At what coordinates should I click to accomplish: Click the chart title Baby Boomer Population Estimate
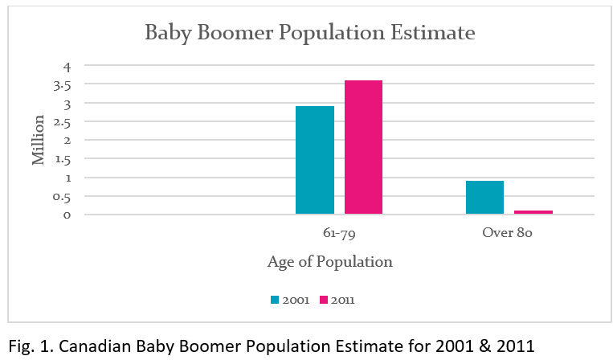click(x=309, y=34)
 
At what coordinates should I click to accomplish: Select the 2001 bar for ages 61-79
click(x=315, y=160)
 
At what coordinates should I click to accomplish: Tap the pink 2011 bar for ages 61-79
click(x=363, y=147)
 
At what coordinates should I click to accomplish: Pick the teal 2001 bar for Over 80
click(x=484, y=197)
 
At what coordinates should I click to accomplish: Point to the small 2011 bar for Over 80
click(x=533, y=212)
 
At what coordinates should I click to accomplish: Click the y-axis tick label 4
click(x=67, y=66)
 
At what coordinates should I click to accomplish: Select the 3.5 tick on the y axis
click(x=64, y=84)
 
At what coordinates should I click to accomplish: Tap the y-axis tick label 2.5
click(x=64, y=121)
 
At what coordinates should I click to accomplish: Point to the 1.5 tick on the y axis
click(x=64, y=158)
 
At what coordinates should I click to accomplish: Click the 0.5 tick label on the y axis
click(x=64, y=196)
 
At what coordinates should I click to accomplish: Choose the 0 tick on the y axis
click(x=67, y=215)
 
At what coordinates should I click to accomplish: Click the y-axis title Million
click(x=39, y=140)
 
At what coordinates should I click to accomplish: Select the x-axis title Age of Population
click(x=330, y=262)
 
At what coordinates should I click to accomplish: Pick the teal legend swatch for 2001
click(x=275, y=300)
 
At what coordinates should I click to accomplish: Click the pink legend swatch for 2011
click(x=324, y=300)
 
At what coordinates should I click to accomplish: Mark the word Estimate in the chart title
click(x=436, y=34)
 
